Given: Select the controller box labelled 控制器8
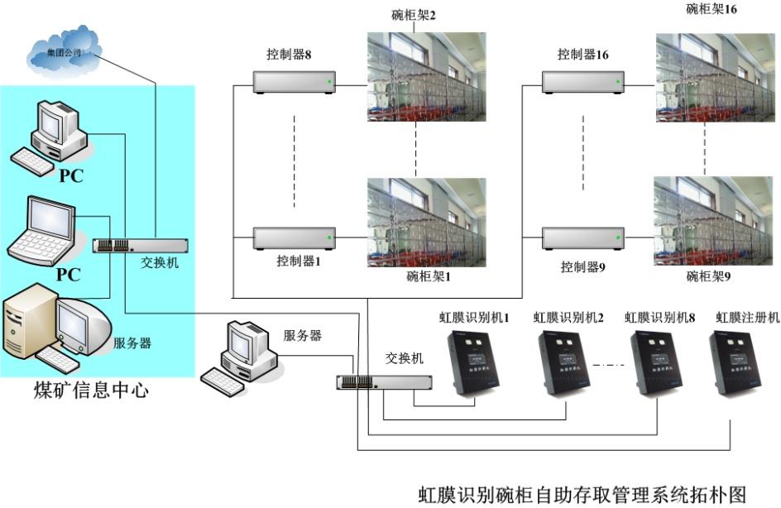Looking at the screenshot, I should (x=295, y=81).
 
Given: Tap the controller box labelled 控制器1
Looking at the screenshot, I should (x=295, y=238).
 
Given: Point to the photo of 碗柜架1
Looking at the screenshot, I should (x=426, y=223).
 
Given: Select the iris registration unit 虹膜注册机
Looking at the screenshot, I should (x=741, y=363).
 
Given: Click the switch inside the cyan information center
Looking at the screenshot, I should (x=140, y=246).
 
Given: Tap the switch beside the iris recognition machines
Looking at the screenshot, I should (x=384, y=382).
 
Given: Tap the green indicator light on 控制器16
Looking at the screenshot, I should (x=619, y=82).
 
